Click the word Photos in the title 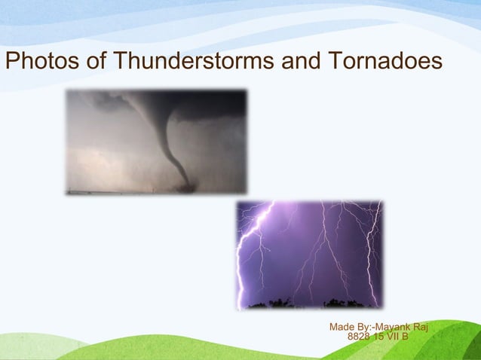(x=42, y=63)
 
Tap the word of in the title (x=96, y=63)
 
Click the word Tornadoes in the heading (x=383, y=63)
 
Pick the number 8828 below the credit (x=359, y=337)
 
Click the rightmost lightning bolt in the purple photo (x=371, y=249)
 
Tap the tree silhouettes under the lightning (x=309, y=304)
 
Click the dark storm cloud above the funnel (x=151, y=101)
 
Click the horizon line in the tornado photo (x=113, y=191)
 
